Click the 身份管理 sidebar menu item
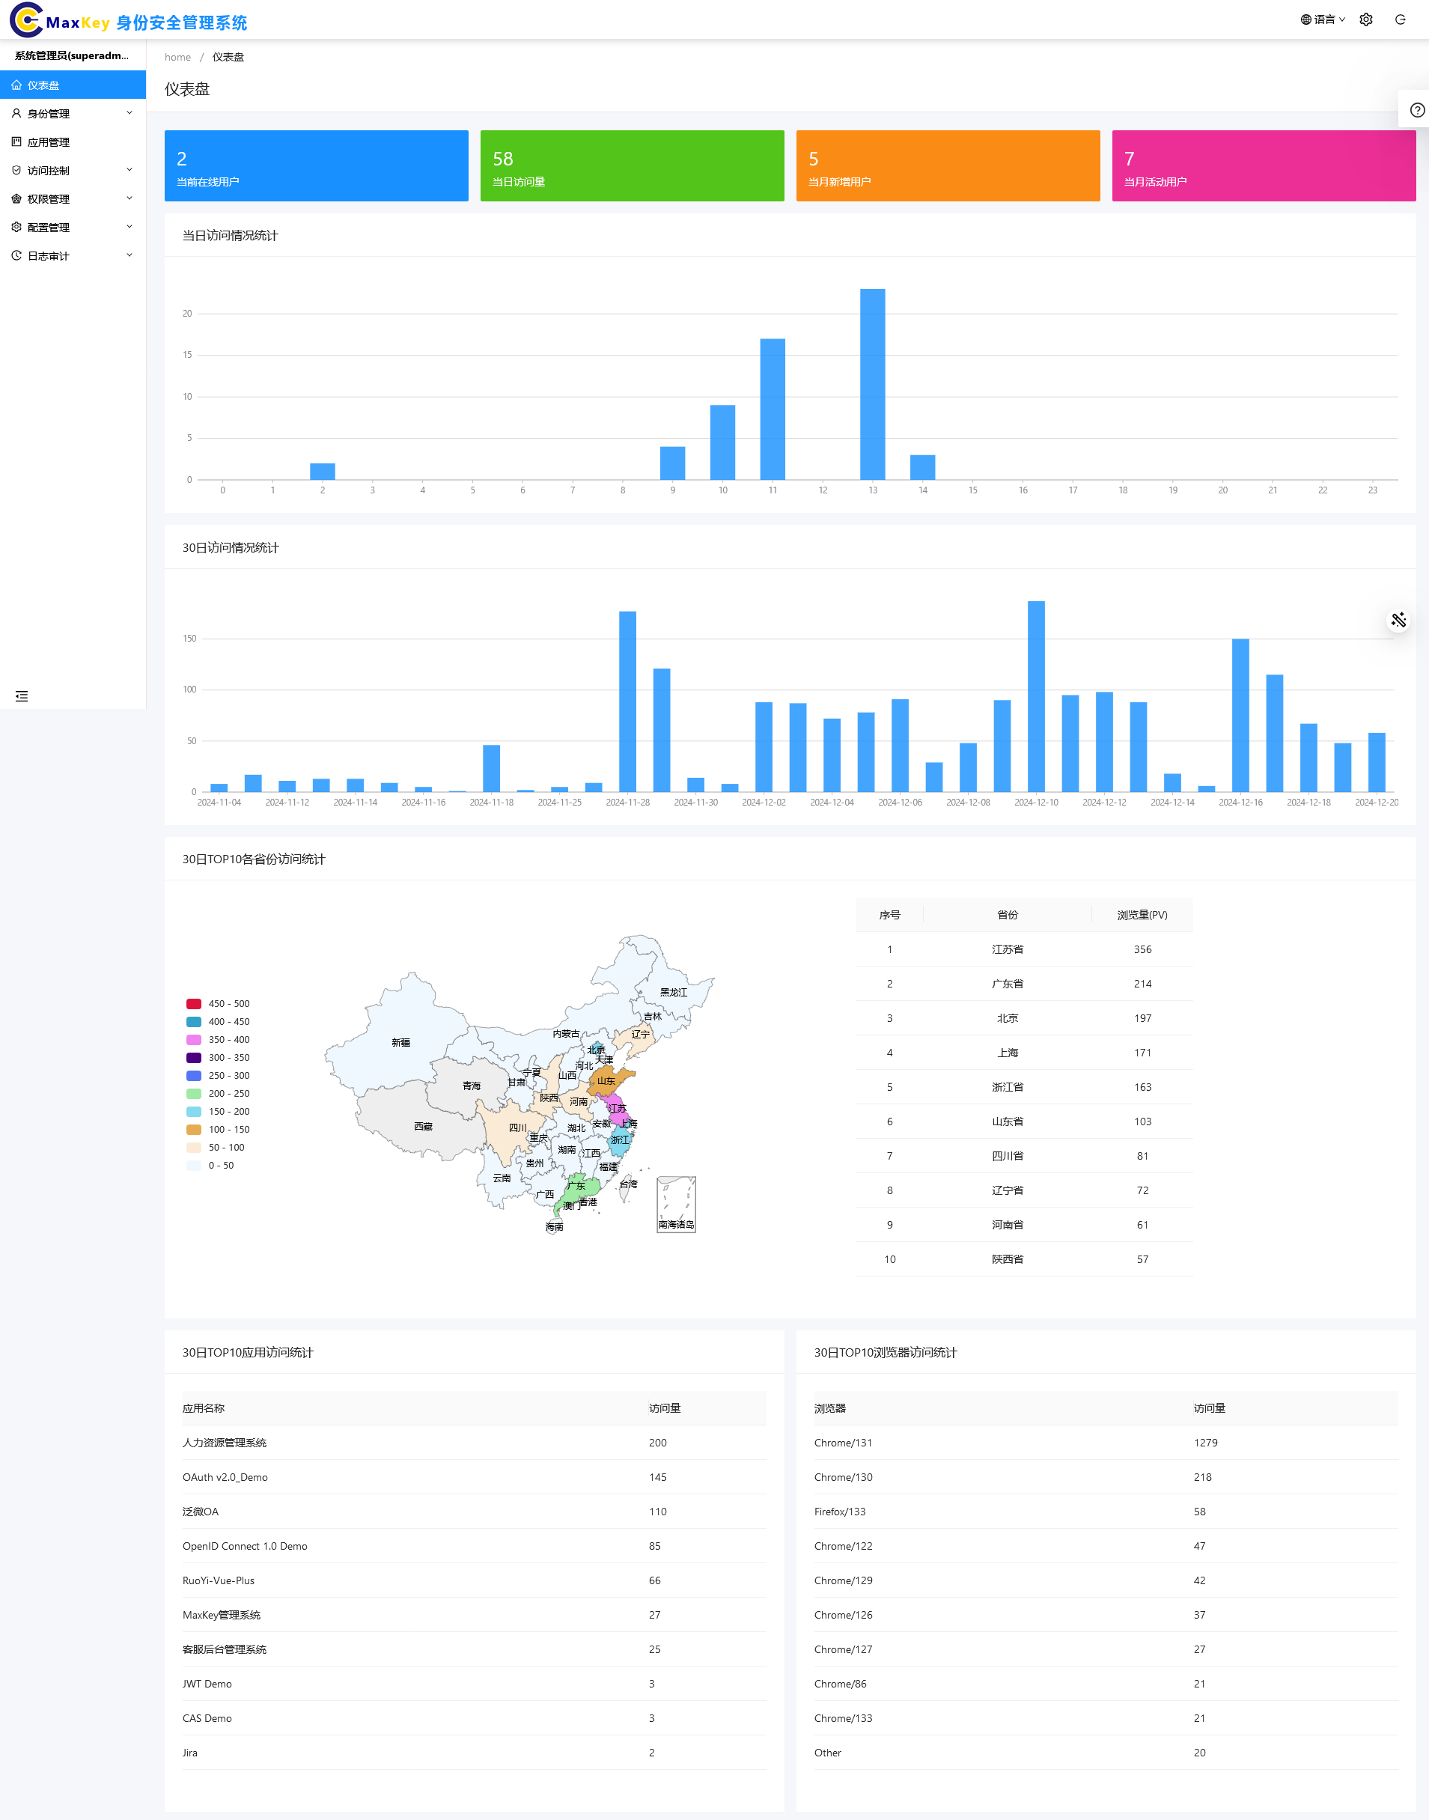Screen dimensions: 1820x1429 point(49,114)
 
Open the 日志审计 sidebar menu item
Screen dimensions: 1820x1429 point(49,256)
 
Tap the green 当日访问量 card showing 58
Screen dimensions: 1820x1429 point(632,165)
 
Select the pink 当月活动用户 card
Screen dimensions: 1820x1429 point(1263,165)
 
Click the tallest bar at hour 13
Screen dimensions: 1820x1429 point(873,384)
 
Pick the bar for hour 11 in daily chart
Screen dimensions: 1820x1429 point(773,410)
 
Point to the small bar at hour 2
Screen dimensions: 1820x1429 point(322,471)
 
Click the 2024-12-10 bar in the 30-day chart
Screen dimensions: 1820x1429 point(1036,696)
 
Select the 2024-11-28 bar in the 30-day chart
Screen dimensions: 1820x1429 point(627,701)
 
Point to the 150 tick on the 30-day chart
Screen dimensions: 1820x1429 point(190,639)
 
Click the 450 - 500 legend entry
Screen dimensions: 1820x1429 point(218,1004)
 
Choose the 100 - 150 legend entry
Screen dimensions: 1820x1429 point(218,1130)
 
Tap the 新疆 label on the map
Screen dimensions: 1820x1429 point(400,1043)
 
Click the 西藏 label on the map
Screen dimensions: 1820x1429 point(424,1126)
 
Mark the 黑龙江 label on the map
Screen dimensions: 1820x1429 point(674,993)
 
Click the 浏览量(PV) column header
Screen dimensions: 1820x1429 point(1142,916)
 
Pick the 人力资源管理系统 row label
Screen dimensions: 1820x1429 point(225,1443)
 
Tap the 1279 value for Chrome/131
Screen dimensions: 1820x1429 point(1206,1443)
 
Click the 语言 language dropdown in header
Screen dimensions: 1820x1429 point(1323,19)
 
